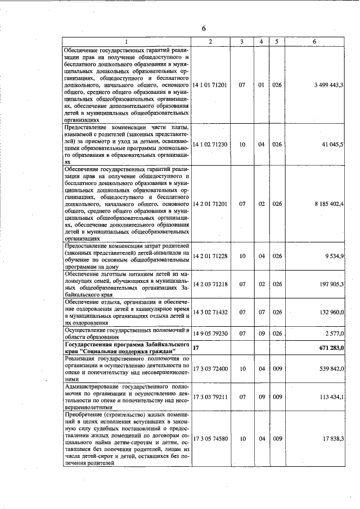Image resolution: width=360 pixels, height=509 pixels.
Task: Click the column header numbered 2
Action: coord(210,42)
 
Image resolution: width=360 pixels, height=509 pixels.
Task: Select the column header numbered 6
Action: coord(314,42)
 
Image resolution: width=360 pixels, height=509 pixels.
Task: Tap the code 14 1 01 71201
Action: coord(210,85)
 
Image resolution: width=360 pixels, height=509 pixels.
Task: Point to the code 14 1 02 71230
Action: coord(210,145)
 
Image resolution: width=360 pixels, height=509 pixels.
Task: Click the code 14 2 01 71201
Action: coord(210,204)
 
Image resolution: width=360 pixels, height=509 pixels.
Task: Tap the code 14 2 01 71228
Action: coord(210,256)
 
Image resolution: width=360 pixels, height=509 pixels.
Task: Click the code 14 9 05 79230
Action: coord(210,334)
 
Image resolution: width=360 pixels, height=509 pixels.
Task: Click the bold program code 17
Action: coord(196,348)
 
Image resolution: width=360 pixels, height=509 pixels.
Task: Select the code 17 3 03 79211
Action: coord(210,397)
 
